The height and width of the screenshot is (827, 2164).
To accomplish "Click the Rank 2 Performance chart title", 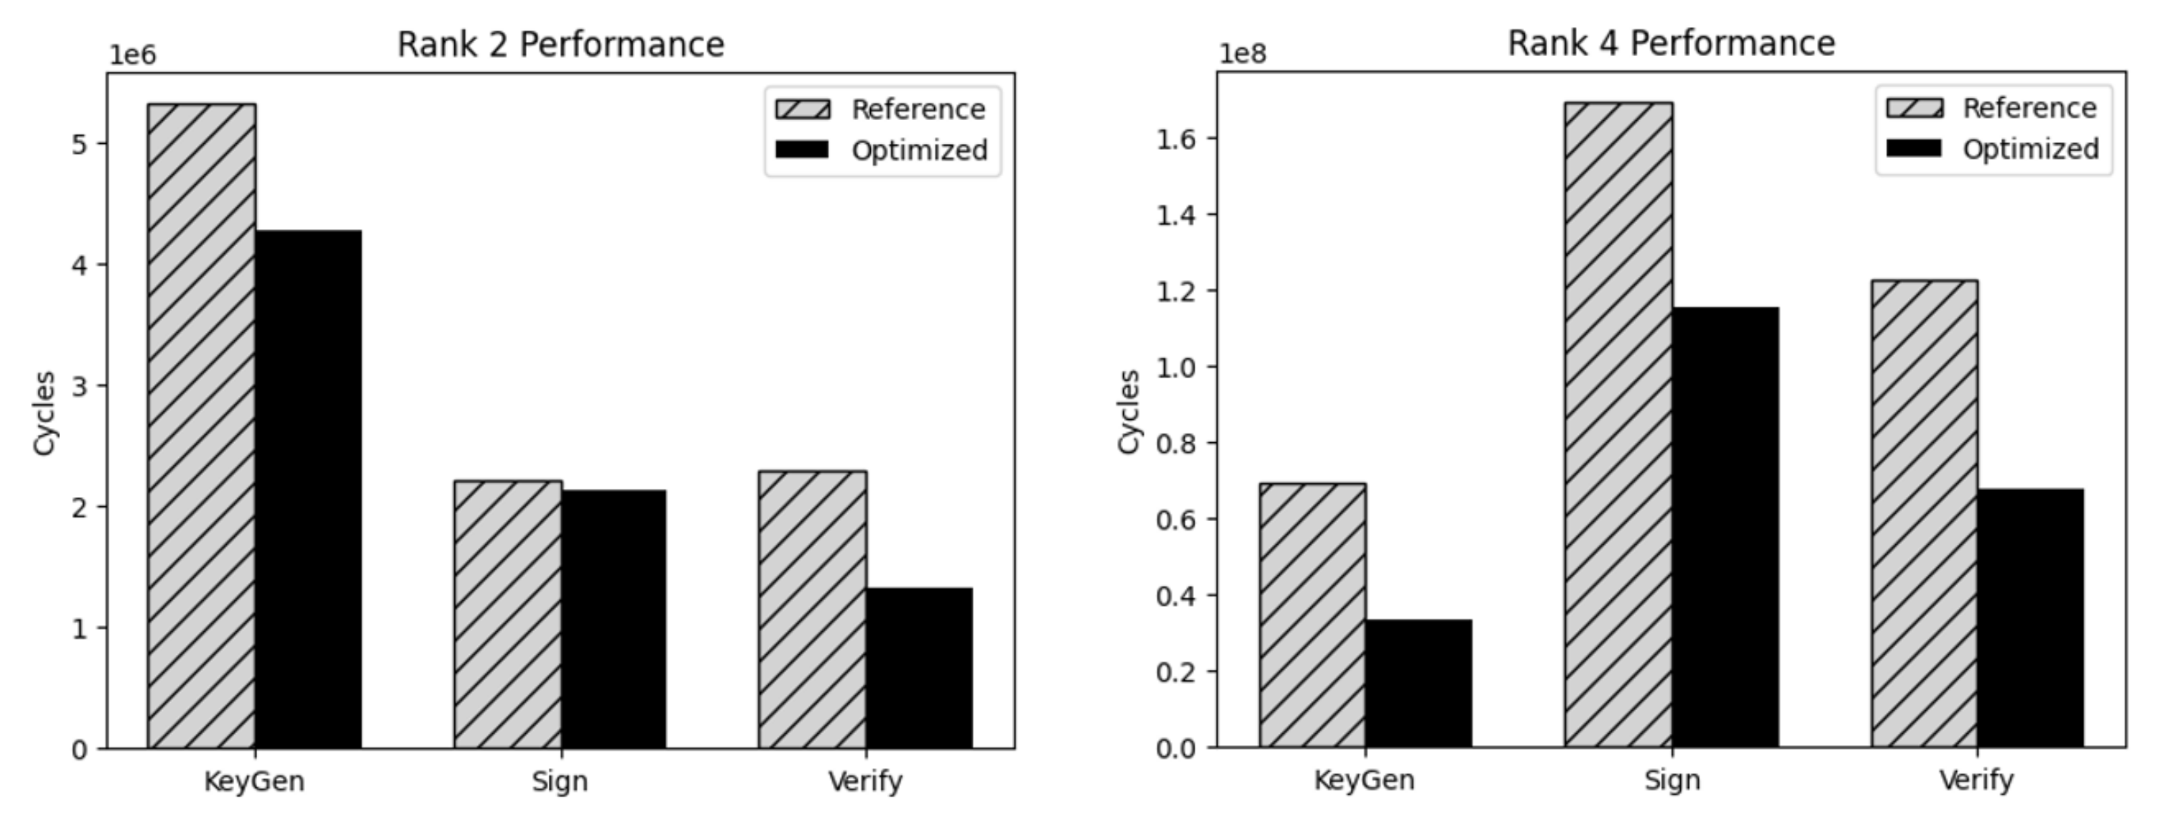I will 560,45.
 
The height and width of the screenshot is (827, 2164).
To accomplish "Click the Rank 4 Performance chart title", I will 1671,43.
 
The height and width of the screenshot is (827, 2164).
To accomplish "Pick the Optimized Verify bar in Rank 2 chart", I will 919,668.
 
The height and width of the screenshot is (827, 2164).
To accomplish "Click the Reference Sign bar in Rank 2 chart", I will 508,614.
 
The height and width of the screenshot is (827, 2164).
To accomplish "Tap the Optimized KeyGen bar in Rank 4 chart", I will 1418,683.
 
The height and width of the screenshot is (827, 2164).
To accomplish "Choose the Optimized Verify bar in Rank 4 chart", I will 2030,618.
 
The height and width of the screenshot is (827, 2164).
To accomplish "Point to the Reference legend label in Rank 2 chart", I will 918,109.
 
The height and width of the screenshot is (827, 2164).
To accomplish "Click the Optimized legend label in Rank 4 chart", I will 2030,149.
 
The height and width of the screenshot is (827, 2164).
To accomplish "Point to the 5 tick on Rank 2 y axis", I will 79,144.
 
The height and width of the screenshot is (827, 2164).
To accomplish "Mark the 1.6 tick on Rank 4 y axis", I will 1176,138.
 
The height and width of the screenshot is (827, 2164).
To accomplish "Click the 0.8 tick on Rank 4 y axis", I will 1176,443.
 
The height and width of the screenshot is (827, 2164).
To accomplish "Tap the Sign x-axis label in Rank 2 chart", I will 560,782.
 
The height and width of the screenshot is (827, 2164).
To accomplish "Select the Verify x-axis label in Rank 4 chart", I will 1976,780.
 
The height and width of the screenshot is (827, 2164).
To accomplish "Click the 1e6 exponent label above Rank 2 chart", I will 133,55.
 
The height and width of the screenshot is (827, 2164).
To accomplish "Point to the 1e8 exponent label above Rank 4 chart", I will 1243,54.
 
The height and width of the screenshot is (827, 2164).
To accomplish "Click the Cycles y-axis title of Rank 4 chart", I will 1129,412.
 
